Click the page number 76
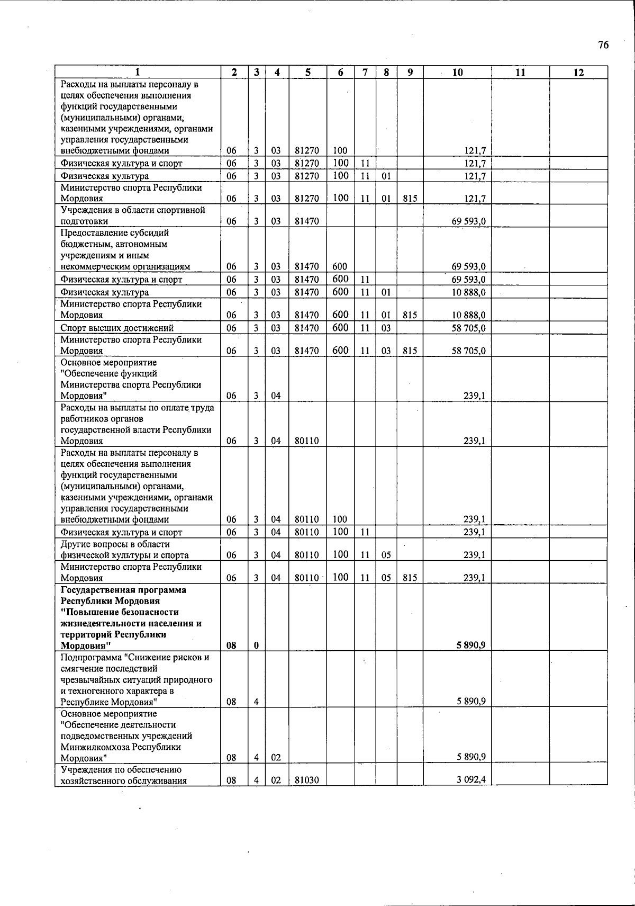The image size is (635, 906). pyautogui.click(x=603, y=45)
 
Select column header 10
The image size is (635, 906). pyautogui.click(x=457, y=73)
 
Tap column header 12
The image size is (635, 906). pyautogui.click(x=578, y=73)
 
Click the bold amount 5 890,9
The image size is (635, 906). pyautogui.click(x=471, y=645)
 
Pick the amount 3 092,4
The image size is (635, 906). pyautogui.click(x=471, y=780)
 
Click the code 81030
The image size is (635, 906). pyautogui.click(x=307, y=780)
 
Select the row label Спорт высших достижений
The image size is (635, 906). pyautogui.click(x=117, y=328)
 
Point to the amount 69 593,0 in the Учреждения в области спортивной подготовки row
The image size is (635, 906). pyautogui.click(x=468, y=221)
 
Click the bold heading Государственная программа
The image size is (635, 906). pyautogui.click(x=123, y=590)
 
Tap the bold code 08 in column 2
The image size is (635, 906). pyautogui.click(x=231, y=645)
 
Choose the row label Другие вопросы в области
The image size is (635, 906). pyautogui.click(x=115, y=544)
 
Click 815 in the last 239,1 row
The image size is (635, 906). pyautogui.click(x=410, y=578)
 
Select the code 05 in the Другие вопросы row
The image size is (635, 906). pyautogui.click(x=386, y=555)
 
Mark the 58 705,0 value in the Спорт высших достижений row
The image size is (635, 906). pyautogui.click(x=468, y=328)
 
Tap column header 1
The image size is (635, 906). pyautogui.click(x=138, y=73)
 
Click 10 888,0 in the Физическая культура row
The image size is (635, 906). pyautogui.click(x=468, y=292)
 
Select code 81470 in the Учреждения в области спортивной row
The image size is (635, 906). pyautogui.click(x=307, y=221)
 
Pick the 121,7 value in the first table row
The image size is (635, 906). pyautogui.click(x=475, y=151)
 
